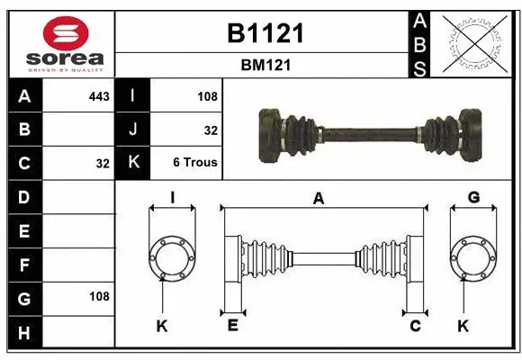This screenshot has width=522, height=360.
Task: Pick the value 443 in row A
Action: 99,95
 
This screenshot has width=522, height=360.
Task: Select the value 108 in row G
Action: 99,296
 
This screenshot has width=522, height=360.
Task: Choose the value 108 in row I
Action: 207,95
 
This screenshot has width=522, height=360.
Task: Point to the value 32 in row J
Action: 211,130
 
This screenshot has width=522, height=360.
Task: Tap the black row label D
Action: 23,197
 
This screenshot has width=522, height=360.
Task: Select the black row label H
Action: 23,333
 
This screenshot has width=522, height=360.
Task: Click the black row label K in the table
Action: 133,163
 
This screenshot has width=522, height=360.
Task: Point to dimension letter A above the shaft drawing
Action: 318,199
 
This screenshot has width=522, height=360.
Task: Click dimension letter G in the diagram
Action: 472,198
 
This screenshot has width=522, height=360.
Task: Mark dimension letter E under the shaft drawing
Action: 231,326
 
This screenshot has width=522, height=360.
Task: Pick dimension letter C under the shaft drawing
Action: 415,326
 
